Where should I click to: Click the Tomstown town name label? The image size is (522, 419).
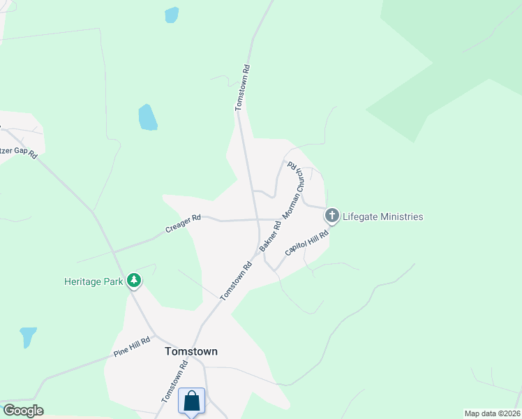coord(191,352)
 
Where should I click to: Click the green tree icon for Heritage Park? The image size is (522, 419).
coord(134,281)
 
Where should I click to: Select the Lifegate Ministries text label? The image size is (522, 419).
coord(383,216)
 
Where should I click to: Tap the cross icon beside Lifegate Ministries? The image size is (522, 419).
coord(332,216)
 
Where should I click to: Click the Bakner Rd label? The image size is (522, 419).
coord(270,236)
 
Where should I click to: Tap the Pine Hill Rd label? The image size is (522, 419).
coord(132,347)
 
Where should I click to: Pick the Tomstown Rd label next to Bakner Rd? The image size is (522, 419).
coord(237,281)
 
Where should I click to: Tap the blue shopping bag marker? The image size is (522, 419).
coord(192,402)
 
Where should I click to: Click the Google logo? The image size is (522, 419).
coord(23,411)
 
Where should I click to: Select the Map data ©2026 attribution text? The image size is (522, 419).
coord(492,413)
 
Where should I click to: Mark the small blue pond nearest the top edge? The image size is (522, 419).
coord(171,15)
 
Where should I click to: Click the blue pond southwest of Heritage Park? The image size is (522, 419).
coord(29,337)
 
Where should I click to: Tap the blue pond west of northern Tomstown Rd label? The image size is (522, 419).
coord(147,117)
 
